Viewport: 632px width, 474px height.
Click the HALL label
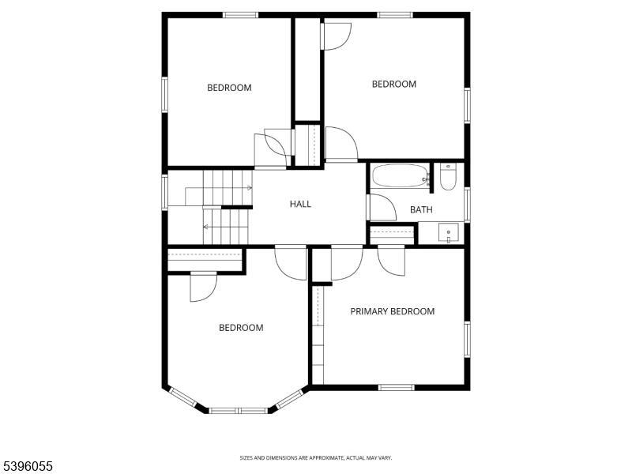click(300, 204)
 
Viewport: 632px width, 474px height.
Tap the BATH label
click(421, 209)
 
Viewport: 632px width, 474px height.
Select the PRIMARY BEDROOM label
click(393, 311)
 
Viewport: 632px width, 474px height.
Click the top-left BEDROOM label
click(229, 88)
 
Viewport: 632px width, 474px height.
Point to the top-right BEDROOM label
click(394, 85)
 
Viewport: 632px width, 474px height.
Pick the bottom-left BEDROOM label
click(241, 328)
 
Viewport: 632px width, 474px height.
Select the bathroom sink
click(449, 234)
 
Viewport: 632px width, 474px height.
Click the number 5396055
click(27, 467)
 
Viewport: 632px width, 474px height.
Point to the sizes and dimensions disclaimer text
click(316, 457)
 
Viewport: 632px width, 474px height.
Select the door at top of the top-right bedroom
click(337, 36)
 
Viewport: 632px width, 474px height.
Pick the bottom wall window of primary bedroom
click(397, 387)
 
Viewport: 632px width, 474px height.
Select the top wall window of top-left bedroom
click(240, 14)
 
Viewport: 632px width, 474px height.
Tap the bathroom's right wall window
click(468, 203)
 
